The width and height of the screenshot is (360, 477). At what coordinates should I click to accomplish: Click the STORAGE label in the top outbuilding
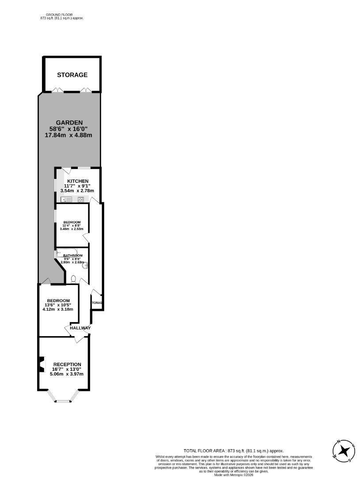point(72,75)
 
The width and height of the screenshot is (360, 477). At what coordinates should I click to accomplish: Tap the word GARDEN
point(69,123)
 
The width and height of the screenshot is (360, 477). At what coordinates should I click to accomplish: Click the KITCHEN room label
point(78,181)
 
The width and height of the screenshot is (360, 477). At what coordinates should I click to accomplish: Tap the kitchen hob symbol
point(81,199)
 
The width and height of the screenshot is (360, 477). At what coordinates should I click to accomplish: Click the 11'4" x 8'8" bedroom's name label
point(72,222)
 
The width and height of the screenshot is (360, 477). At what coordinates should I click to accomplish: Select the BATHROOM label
point(73,256)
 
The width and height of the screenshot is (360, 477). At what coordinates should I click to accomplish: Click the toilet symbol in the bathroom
point(74,279)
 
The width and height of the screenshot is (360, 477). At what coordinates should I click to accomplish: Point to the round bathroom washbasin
point(86,265)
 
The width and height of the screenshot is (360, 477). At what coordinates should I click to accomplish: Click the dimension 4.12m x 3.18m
point(58,310)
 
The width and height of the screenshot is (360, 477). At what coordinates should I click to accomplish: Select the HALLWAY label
point(80,328)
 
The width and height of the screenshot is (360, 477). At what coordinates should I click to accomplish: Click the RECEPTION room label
point(67,364)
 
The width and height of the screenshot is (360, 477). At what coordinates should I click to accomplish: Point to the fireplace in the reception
point(41,364)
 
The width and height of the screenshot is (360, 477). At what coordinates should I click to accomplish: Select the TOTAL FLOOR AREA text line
point(234,450)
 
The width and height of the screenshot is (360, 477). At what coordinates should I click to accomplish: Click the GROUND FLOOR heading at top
point(59,15)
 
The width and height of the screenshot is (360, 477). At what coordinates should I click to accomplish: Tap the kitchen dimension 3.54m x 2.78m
point(77,191)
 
